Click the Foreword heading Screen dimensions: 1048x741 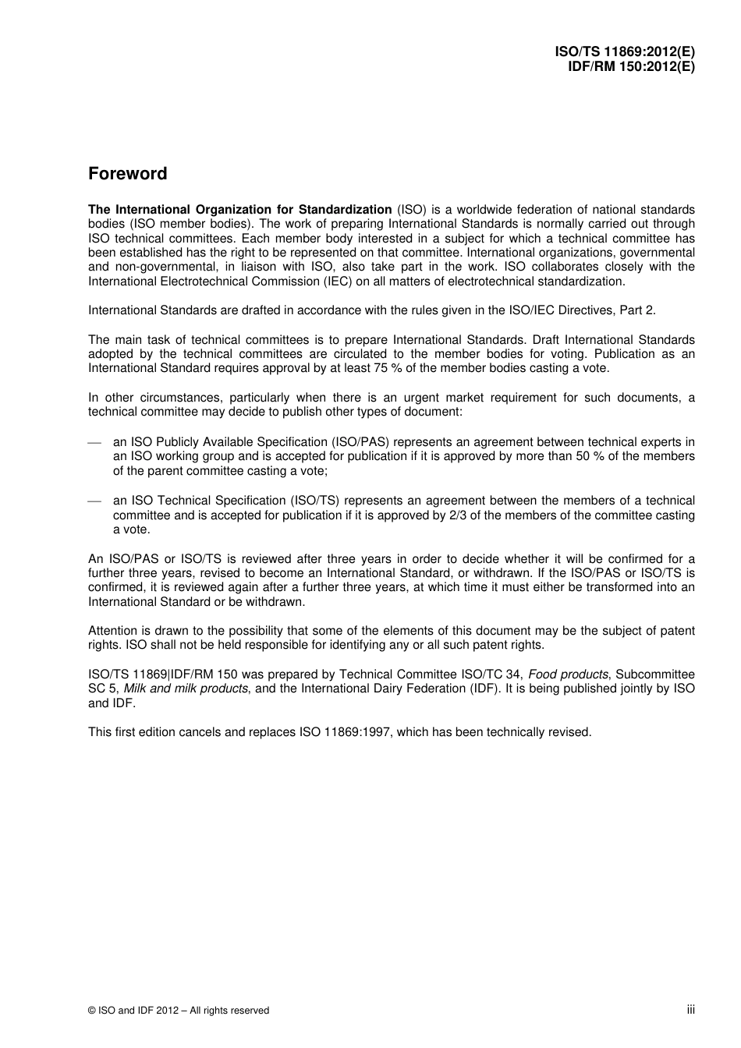[x=127, y=174]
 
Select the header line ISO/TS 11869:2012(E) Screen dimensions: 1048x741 [x=625, y=52]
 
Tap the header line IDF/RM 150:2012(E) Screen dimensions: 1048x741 [x=631, y=66]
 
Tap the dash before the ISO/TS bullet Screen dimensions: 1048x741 [x=94, y=501]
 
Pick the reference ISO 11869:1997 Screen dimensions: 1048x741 [x=345, y=732]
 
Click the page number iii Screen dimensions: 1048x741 [x=690, y=1009]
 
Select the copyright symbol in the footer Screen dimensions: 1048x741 [x=92, y=1011]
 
